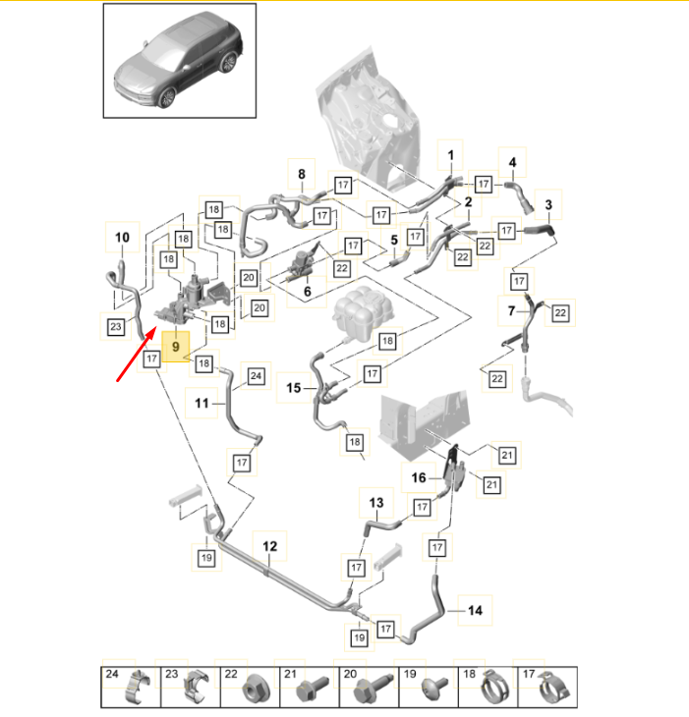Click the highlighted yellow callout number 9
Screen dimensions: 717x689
(177, 347)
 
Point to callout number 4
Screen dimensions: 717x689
(511, 162)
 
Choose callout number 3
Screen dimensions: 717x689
(548, 204)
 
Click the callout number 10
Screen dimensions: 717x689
(122, 237)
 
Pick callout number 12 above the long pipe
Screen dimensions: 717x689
(269, 545)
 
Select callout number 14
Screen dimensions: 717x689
(476, 611)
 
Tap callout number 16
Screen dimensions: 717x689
(418, 478)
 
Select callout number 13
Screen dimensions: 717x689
(375, 503)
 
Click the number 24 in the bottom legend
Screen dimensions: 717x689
(113, 675)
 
